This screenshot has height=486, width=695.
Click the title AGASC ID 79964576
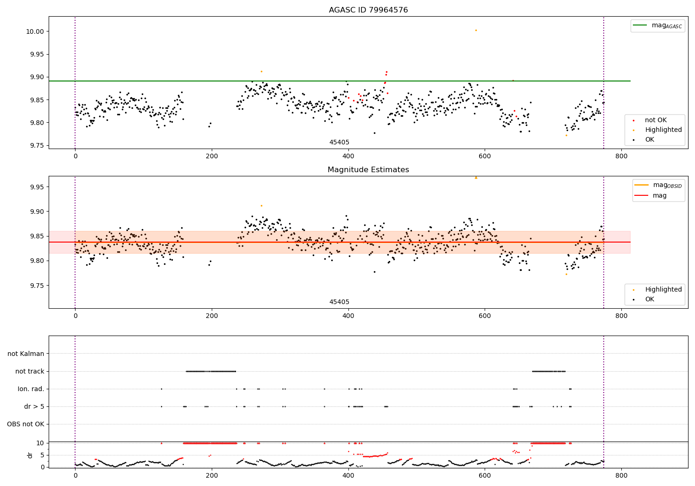(x=368, y=10)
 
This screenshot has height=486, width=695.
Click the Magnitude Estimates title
(x=368, y=170)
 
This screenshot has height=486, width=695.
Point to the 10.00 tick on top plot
(x=37, y=31)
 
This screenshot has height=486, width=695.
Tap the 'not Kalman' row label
(x=26, y=354)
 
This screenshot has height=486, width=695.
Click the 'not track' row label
(x=30, y=371)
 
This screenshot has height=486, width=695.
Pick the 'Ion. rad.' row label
(x=31, y=389)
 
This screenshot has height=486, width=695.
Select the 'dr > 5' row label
(x=34, y=406)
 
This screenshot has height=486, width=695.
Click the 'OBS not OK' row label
(x=25, y=424)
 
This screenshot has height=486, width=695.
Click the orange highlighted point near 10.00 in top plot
(x=476, y=30)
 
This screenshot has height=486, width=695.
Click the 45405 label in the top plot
(x=339, y=143)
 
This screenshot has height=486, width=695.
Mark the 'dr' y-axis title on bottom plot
(x=30, y=455)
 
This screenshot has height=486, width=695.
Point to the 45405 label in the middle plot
(x=339, y=302)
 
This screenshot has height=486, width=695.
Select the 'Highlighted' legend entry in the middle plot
(x=663, y=290)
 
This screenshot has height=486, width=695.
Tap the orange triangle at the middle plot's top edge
(x=476, y=177)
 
